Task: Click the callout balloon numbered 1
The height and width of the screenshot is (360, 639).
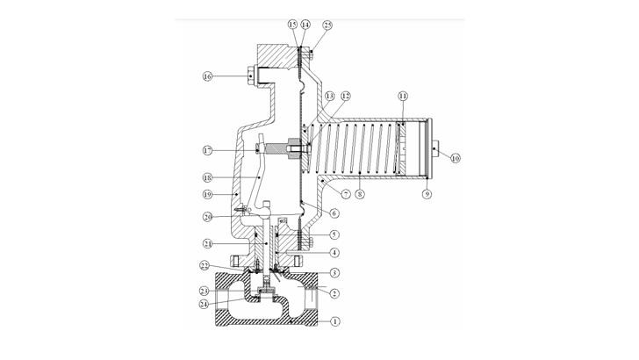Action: click(x=334, y=322)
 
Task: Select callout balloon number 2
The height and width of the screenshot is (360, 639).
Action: click(x=334, y=293)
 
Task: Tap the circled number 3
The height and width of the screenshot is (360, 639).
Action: click(x=334, y=274)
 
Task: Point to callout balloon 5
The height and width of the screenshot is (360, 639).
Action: click(x=334, y=234)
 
